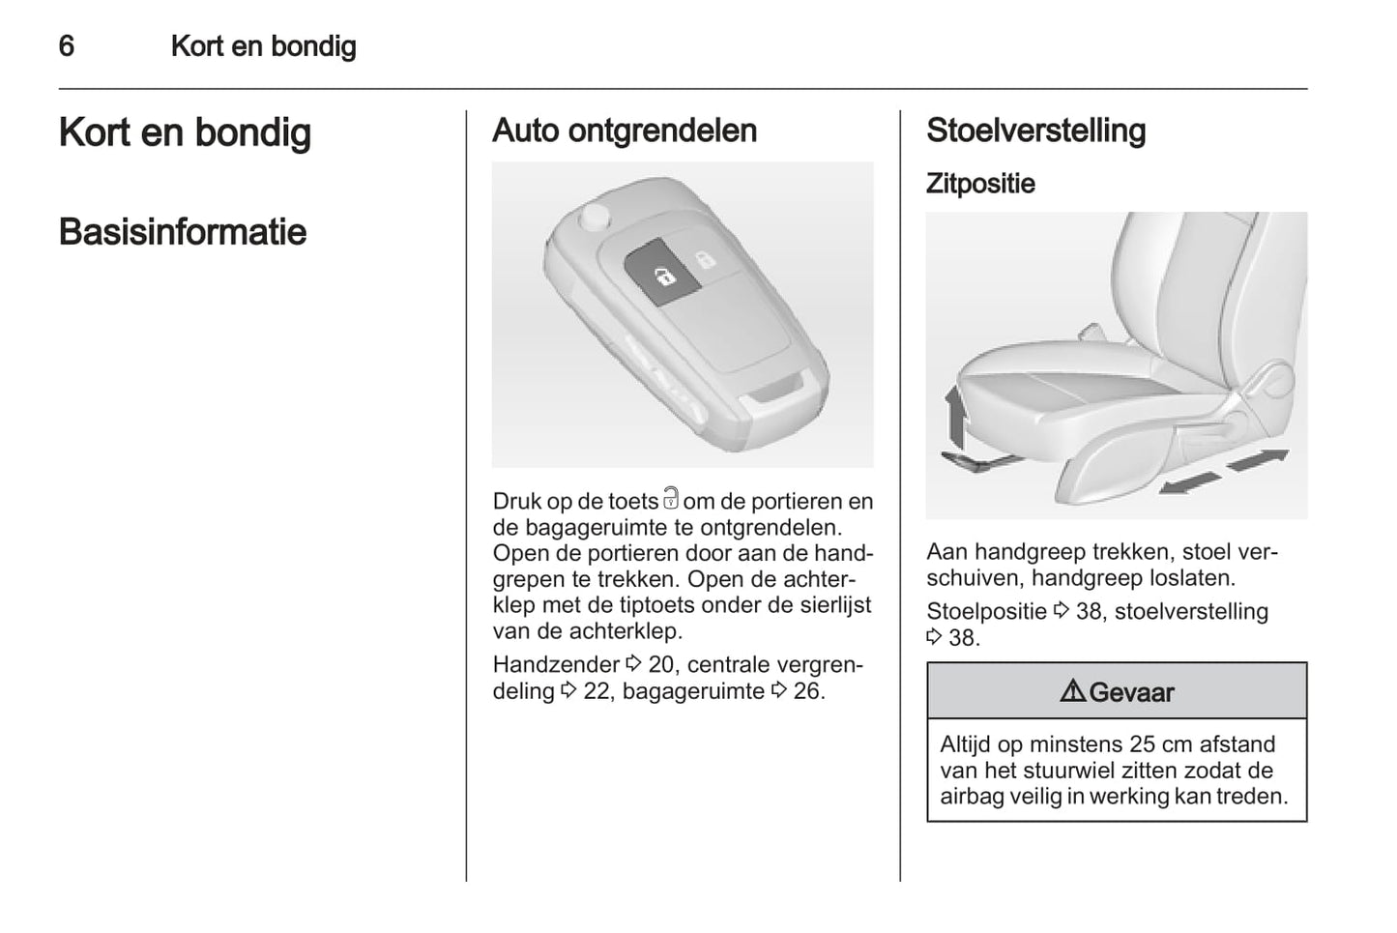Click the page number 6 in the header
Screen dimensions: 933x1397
[x=67, y=46]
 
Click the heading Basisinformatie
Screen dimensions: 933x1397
[x=183, y=232]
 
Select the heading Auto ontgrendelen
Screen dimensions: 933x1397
[x=625, y=131]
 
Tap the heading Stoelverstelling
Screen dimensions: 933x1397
[x=1035, y=131]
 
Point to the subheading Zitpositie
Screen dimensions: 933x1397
[x=980, y=184]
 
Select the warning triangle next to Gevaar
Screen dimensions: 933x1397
[x=1072, y=691]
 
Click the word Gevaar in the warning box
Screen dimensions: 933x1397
[x=1131, y=692]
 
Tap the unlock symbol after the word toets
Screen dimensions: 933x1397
[x=671, y=499]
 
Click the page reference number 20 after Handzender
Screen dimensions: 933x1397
[x=661, y=665]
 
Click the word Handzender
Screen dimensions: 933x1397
[x=556, y=665]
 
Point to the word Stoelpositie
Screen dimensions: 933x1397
[x=986, y=611]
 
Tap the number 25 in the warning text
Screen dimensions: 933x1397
[x=1116, y=744]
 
